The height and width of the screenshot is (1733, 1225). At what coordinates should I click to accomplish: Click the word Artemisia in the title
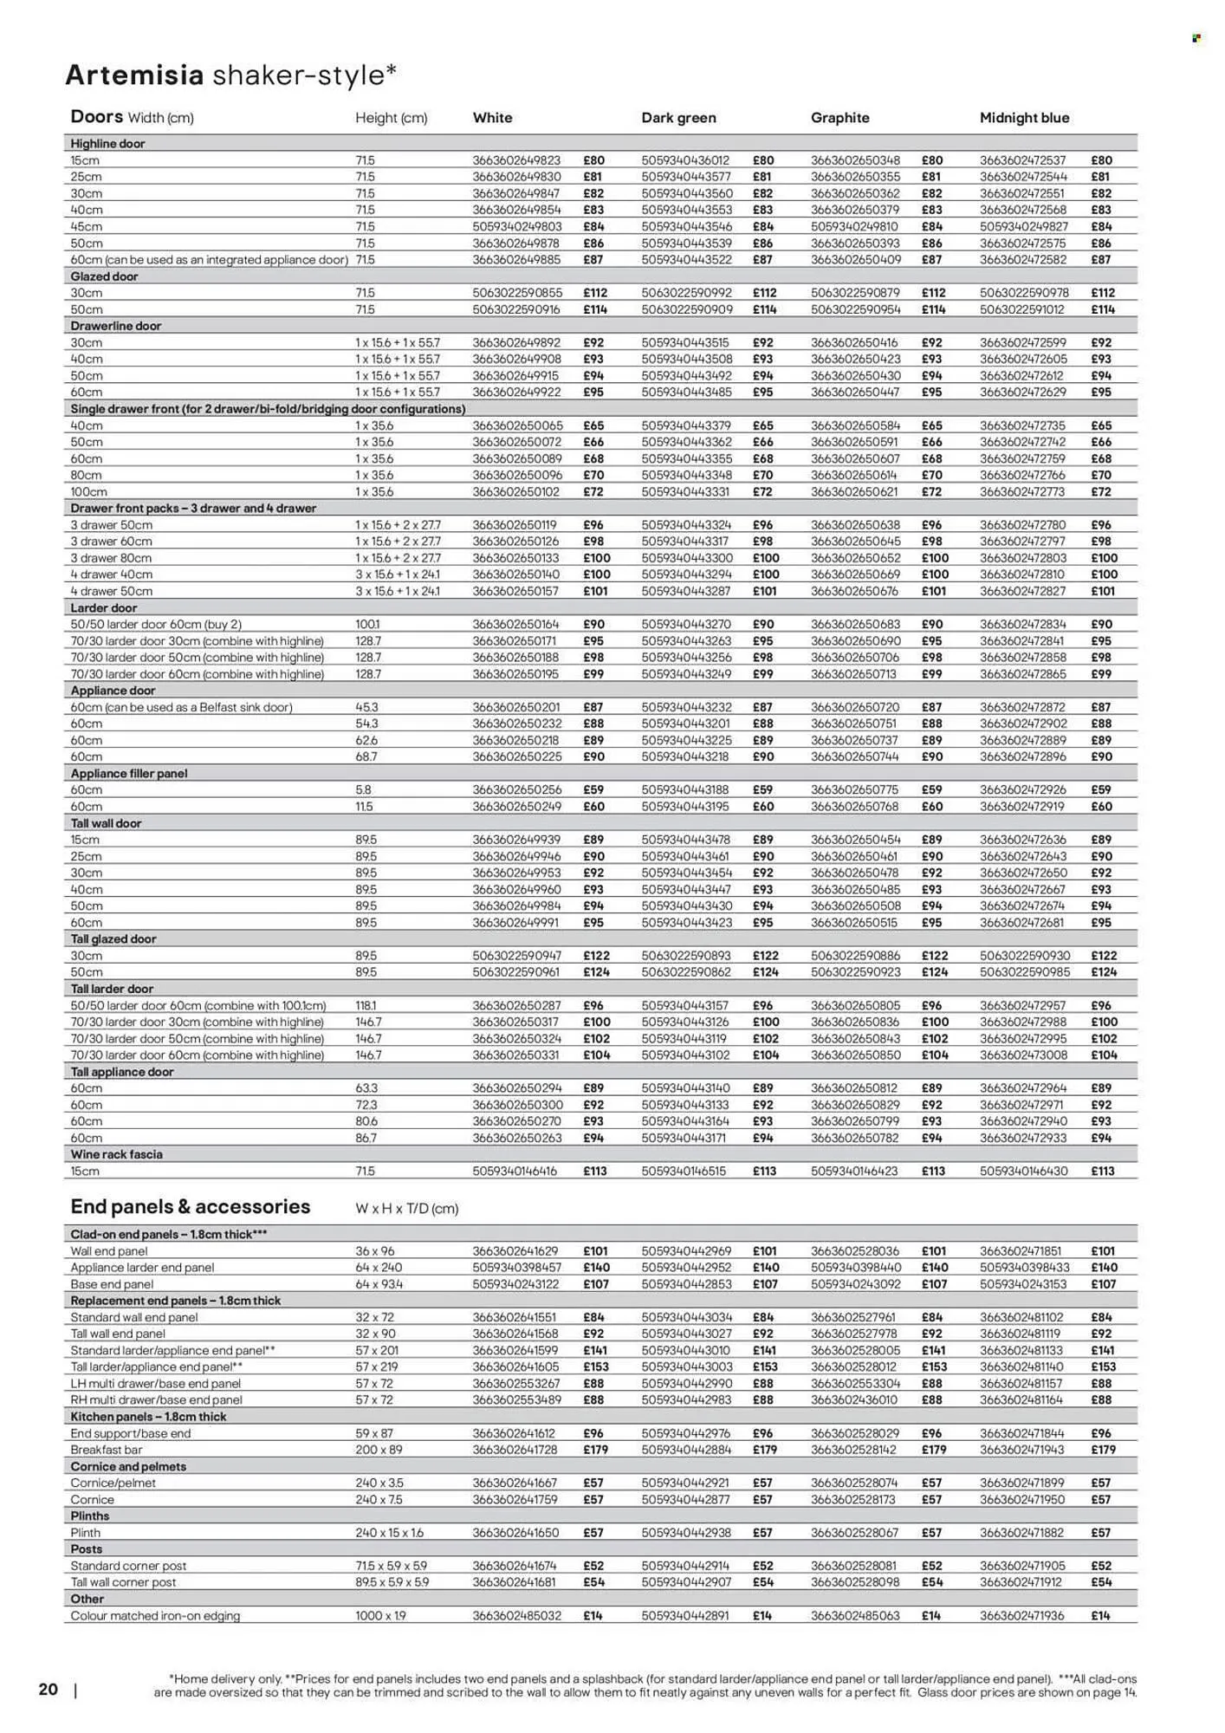134,76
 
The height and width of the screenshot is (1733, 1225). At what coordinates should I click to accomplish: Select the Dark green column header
678,118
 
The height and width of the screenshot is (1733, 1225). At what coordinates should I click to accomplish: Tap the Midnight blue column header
1024,118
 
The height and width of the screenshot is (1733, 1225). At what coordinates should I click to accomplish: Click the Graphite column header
839,118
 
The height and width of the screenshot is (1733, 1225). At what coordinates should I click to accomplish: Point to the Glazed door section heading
104,276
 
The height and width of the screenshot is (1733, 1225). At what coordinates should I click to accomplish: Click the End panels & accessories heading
190,1207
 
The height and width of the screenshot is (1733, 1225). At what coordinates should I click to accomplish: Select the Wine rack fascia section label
116,1154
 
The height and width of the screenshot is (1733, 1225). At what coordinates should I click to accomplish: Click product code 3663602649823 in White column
516,160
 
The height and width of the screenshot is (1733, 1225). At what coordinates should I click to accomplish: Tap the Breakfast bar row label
106,1450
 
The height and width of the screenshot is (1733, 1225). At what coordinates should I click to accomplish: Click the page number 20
49,1689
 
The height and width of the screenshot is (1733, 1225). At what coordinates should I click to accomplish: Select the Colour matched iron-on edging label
155,1616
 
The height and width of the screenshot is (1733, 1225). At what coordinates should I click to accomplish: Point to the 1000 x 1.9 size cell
381,1616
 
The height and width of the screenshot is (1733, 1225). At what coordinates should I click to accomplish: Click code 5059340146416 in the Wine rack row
515,1171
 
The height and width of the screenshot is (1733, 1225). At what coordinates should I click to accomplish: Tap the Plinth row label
86,1533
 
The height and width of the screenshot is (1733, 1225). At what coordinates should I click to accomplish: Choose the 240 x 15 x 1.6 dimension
389,1533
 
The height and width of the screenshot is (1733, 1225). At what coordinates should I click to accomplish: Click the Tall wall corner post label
123,1582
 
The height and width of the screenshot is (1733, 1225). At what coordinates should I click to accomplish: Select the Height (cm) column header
391,118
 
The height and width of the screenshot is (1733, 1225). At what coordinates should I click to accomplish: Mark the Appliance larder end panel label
142,1268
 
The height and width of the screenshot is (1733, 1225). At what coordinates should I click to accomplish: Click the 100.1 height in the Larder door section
367,624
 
